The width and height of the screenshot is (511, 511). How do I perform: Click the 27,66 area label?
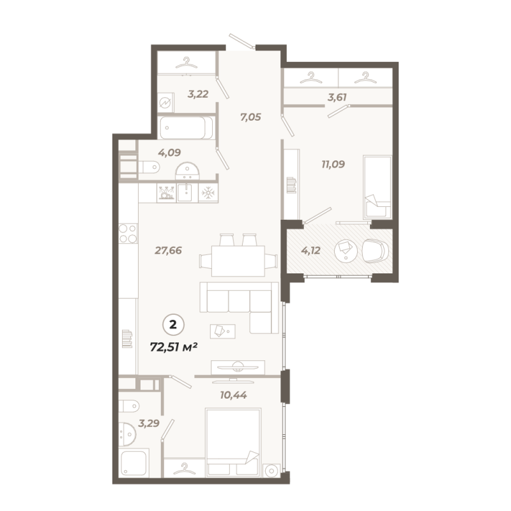click(x=169, y=250)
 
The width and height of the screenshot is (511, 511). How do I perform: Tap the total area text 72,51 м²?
click(x=172, y=347)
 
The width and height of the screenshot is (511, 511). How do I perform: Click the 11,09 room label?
click(x=333, y=164)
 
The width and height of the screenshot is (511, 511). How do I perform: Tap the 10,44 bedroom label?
click(x=233, y=394)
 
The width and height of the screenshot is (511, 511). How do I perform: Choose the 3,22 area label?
click(x=199, y=94)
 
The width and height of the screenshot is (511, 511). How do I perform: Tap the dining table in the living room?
click(x=238, y=260)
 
